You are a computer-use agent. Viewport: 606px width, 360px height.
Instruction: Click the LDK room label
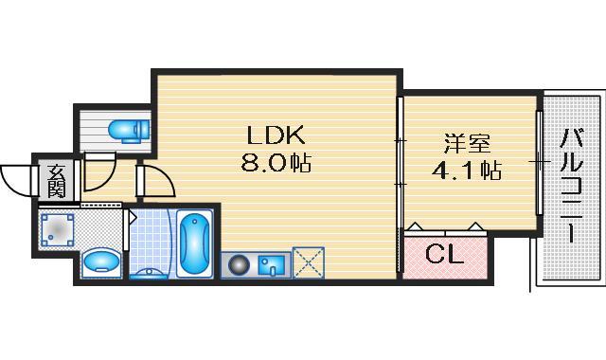click(276, 135)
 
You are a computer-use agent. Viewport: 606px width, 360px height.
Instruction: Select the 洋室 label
click(467, 143)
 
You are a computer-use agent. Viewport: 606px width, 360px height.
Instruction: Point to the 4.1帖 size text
click(467, 171)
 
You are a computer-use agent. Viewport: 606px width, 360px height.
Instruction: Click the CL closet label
click(444, 254)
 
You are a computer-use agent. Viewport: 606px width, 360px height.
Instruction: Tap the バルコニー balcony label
click(572, 186)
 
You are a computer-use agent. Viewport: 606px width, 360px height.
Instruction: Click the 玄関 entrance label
click(57, 181)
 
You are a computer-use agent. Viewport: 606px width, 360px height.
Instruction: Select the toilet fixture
click(129, 129)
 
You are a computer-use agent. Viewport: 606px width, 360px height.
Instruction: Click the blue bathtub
click(194, 243)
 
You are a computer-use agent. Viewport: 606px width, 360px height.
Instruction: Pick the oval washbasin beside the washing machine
click(101, 261)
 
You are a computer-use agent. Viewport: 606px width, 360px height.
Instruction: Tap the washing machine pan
click(57, 230)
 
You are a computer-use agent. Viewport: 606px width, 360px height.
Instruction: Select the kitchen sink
click(272, 265)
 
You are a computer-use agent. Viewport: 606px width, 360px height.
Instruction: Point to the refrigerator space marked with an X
click(309, 263)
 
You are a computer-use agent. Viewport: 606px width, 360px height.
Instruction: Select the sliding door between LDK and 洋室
click(400, 186)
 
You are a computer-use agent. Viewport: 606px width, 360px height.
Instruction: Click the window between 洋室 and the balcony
click(540, 162)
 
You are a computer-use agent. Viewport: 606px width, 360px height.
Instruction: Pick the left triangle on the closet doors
click(415, 226)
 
